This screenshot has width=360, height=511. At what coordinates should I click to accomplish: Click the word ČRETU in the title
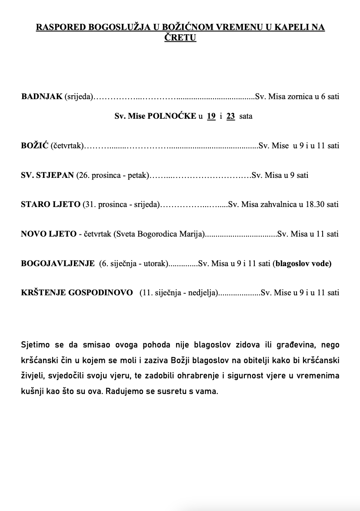click(x=180, y=38)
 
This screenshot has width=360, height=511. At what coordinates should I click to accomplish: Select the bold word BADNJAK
click(x=42, y=97)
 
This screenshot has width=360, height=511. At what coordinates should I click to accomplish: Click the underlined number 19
click(x=211, y=116)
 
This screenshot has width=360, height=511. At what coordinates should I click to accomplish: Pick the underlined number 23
click(x=231, y=116)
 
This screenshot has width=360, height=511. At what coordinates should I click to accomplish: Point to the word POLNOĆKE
click(x=172, y=116)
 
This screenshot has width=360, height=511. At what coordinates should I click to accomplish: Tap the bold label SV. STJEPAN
click(x=47, y=175)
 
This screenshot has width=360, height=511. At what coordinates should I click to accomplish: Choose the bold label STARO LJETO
click(x=50, y=204)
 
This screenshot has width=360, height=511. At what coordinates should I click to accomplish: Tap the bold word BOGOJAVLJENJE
click(x=58, y=263)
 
